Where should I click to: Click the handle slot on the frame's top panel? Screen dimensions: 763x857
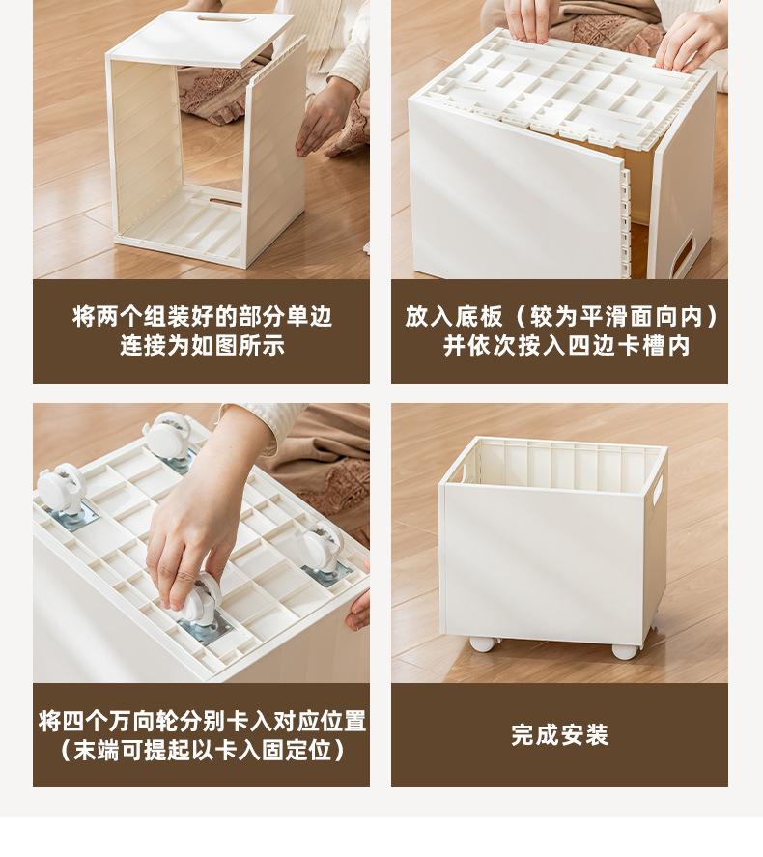pyautogui.click(x=226, y=19)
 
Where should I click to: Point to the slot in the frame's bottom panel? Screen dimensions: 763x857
pyautogui.click(x=225, y=202)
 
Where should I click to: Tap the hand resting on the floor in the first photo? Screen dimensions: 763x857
pyautogui.click(x=324, y=117)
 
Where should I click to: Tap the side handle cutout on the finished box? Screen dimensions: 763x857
pyautogui.click(x=658, y=490)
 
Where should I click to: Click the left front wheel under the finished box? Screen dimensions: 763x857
pyautogui.click(x=483, y=643)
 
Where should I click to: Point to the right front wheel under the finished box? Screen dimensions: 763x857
pyautogui.click(x=625, y=650)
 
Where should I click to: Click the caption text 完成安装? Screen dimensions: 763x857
pyautogui.click(x=560, y=734)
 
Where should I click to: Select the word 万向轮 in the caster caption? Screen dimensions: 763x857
pyautogui.click(x=144, y=722)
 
